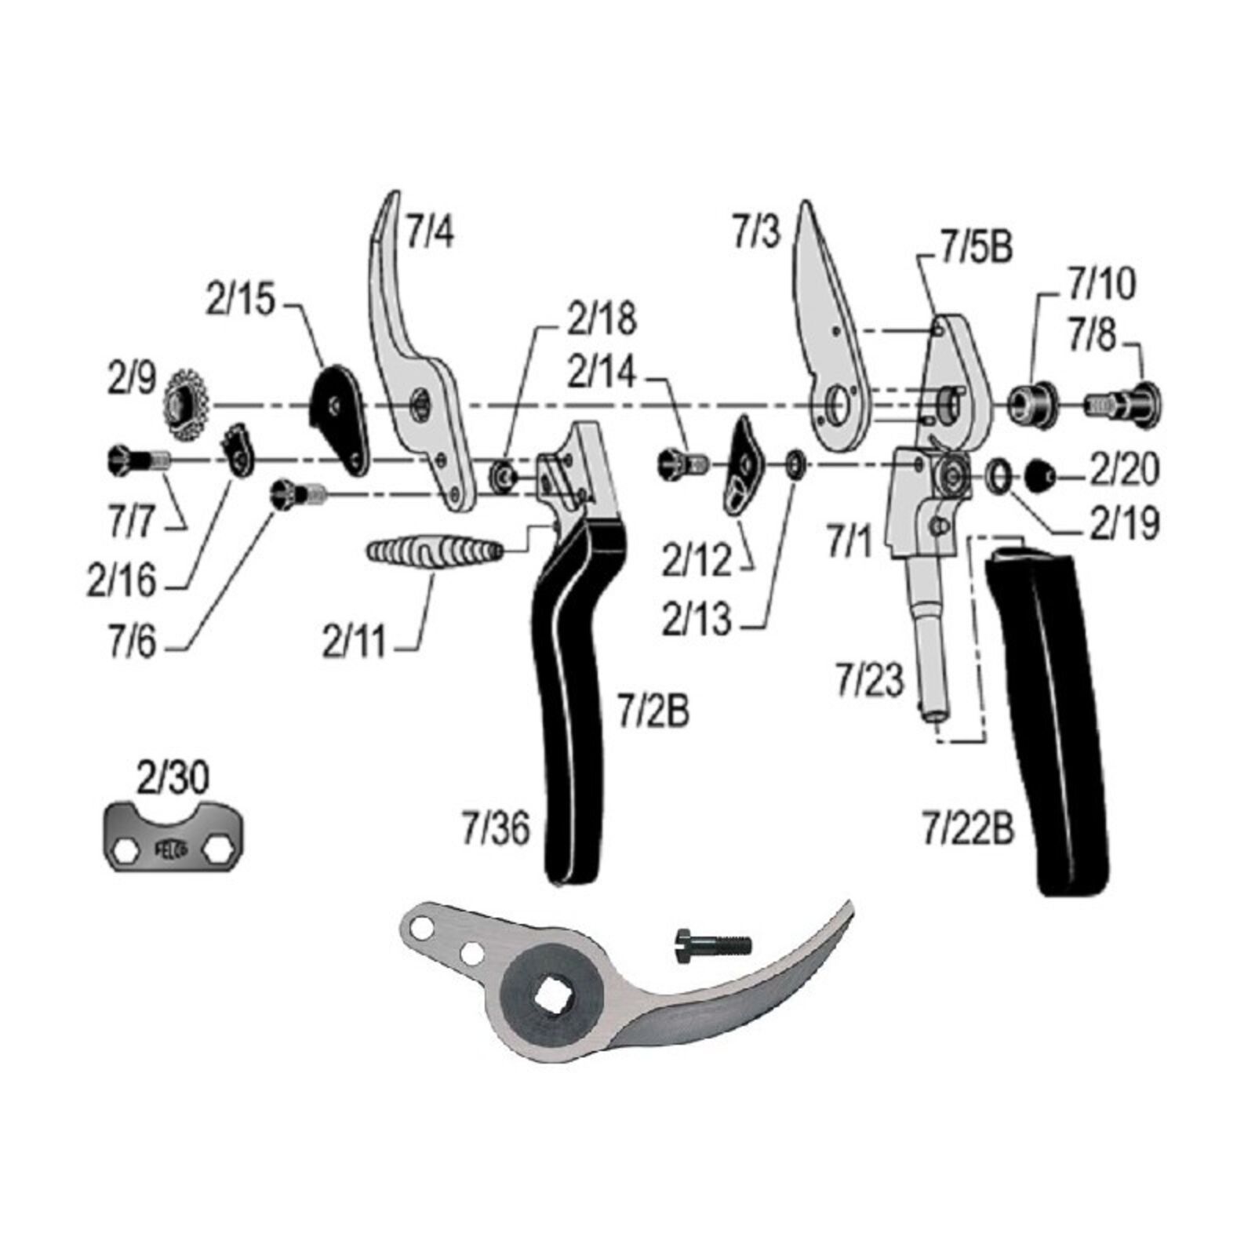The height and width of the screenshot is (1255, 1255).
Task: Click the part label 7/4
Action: point(430,233)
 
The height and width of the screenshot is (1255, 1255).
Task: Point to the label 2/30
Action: point(173,779)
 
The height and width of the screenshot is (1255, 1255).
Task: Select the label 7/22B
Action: point(968,828)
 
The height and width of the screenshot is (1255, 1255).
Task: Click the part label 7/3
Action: point(757,233)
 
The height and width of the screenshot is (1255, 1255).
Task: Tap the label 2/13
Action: point(697,620)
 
